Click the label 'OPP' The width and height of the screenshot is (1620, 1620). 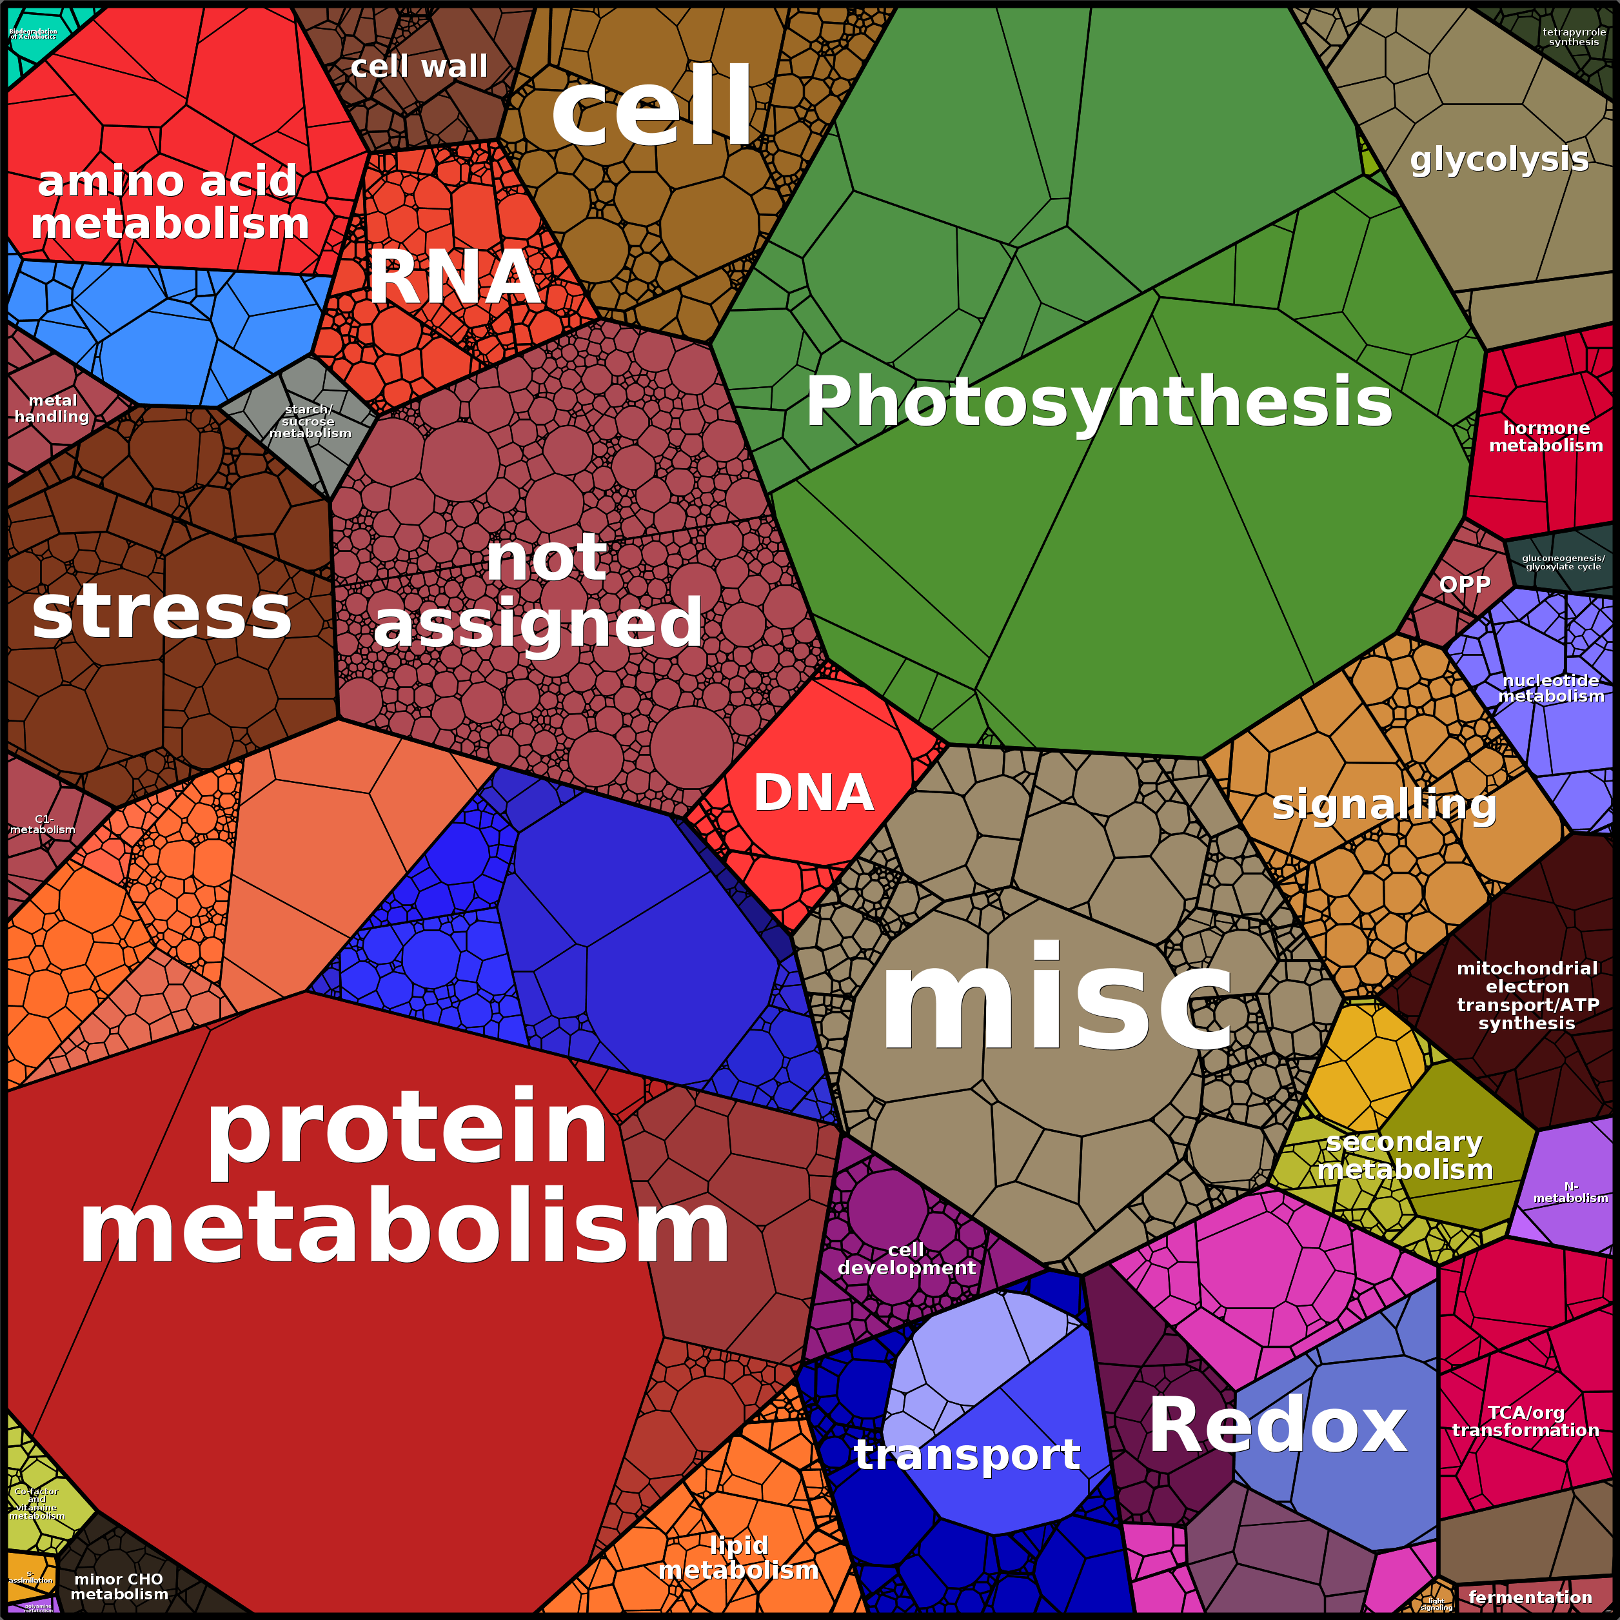(x=1464, y=584)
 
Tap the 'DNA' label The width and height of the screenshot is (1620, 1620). (x=813, y=793)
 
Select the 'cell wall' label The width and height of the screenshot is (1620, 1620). (x=419, y=66)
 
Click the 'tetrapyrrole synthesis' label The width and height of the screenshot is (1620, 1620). (x=1574, y=37)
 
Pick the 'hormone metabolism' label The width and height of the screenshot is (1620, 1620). (x=1545, y=436)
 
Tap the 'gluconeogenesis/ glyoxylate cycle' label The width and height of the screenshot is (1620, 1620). (x=1563, y=562)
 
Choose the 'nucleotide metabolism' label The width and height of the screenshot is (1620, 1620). (x=1550, y=687)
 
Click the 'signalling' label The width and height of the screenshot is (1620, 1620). (x=1383, y=804)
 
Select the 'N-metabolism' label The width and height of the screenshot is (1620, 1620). (x=1570, y=1192)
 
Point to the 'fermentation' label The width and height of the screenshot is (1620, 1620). (x=1530, y=1597)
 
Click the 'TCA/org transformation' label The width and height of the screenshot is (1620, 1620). (x=1525, y=1421)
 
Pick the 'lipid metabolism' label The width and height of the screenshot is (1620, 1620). (x=738, y=1556)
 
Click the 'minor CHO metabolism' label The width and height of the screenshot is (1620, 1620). (x=119, y=1586)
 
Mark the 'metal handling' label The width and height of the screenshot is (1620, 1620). (x=52, y=408)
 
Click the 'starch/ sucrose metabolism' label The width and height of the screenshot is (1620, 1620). (x=310, y=421)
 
